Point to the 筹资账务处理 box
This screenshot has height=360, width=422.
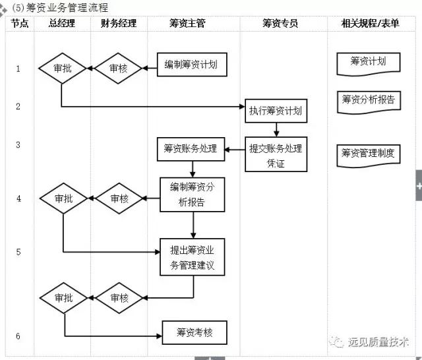click(x=191, y=149)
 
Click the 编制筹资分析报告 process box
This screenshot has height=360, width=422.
click(x=192, y=194)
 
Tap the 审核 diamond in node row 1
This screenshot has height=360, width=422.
click(x=119, y=67)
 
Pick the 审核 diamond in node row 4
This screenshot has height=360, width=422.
click(x=119, y=198)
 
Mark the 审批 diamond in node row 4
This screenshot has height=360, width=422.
click(x=63, y=198)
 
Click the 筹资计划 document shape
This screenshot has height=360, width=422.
click(x=368, y=63)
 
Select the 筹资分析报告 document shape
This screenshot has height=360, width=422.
click(x=368, y=101)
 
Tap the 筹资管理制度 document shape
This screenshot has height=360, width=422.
click(x=368, y=154)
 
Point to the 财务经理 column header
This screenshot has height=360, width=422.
click(x=119, y=24)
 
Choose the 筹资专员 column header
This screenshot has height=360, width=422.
click(x=280, y=24)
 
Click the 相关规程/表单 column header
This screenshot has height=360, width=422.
click(x=373, y=24)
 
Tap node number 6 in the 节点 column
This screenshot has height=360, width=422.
click(x=18, y=336)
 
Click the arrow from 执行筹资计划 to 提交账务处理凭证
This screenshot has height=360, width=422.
click(x=276, y=130)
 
